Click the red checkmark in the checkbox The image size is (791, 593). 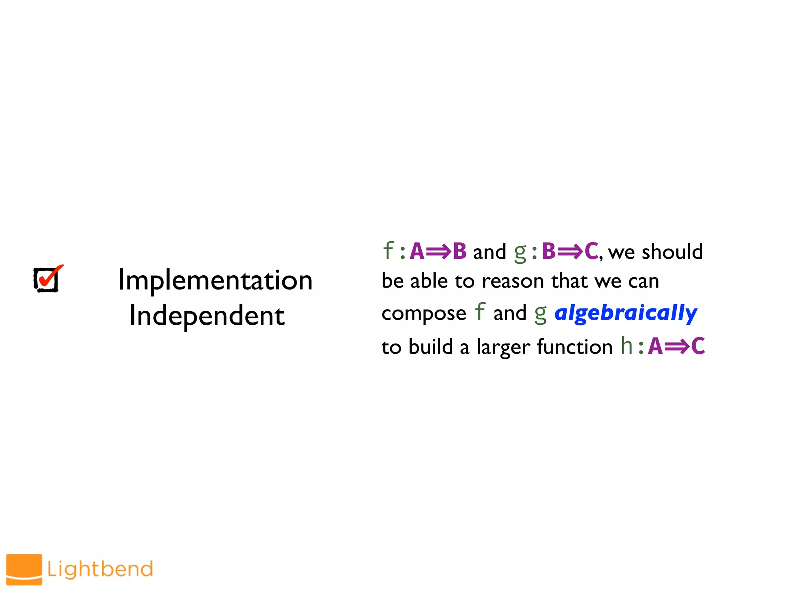pos(49,276)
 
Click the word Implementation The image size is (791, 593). pos(215,281)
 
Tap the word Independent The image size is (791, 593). pos(207,316)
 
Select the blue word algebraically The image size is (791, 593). pos(626,313)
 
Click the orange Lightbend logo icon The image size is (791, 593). pos(24,569)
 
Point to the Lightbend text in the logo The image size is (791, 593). pos(100,569)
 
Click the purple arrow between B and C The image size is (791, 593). pos(570,252)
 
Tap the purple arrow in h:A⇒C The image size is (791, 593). pos(677,346)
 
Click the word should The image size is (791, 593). pos(672,252)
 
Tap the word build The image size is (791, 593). pos(431,346)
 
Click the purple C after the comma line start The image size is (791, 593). pos(591,251)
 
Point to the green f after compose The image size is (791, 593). pos(479,311)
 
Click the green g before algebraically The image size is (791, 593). pos(540,314)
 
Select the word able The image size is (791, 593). pos(429,281)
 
